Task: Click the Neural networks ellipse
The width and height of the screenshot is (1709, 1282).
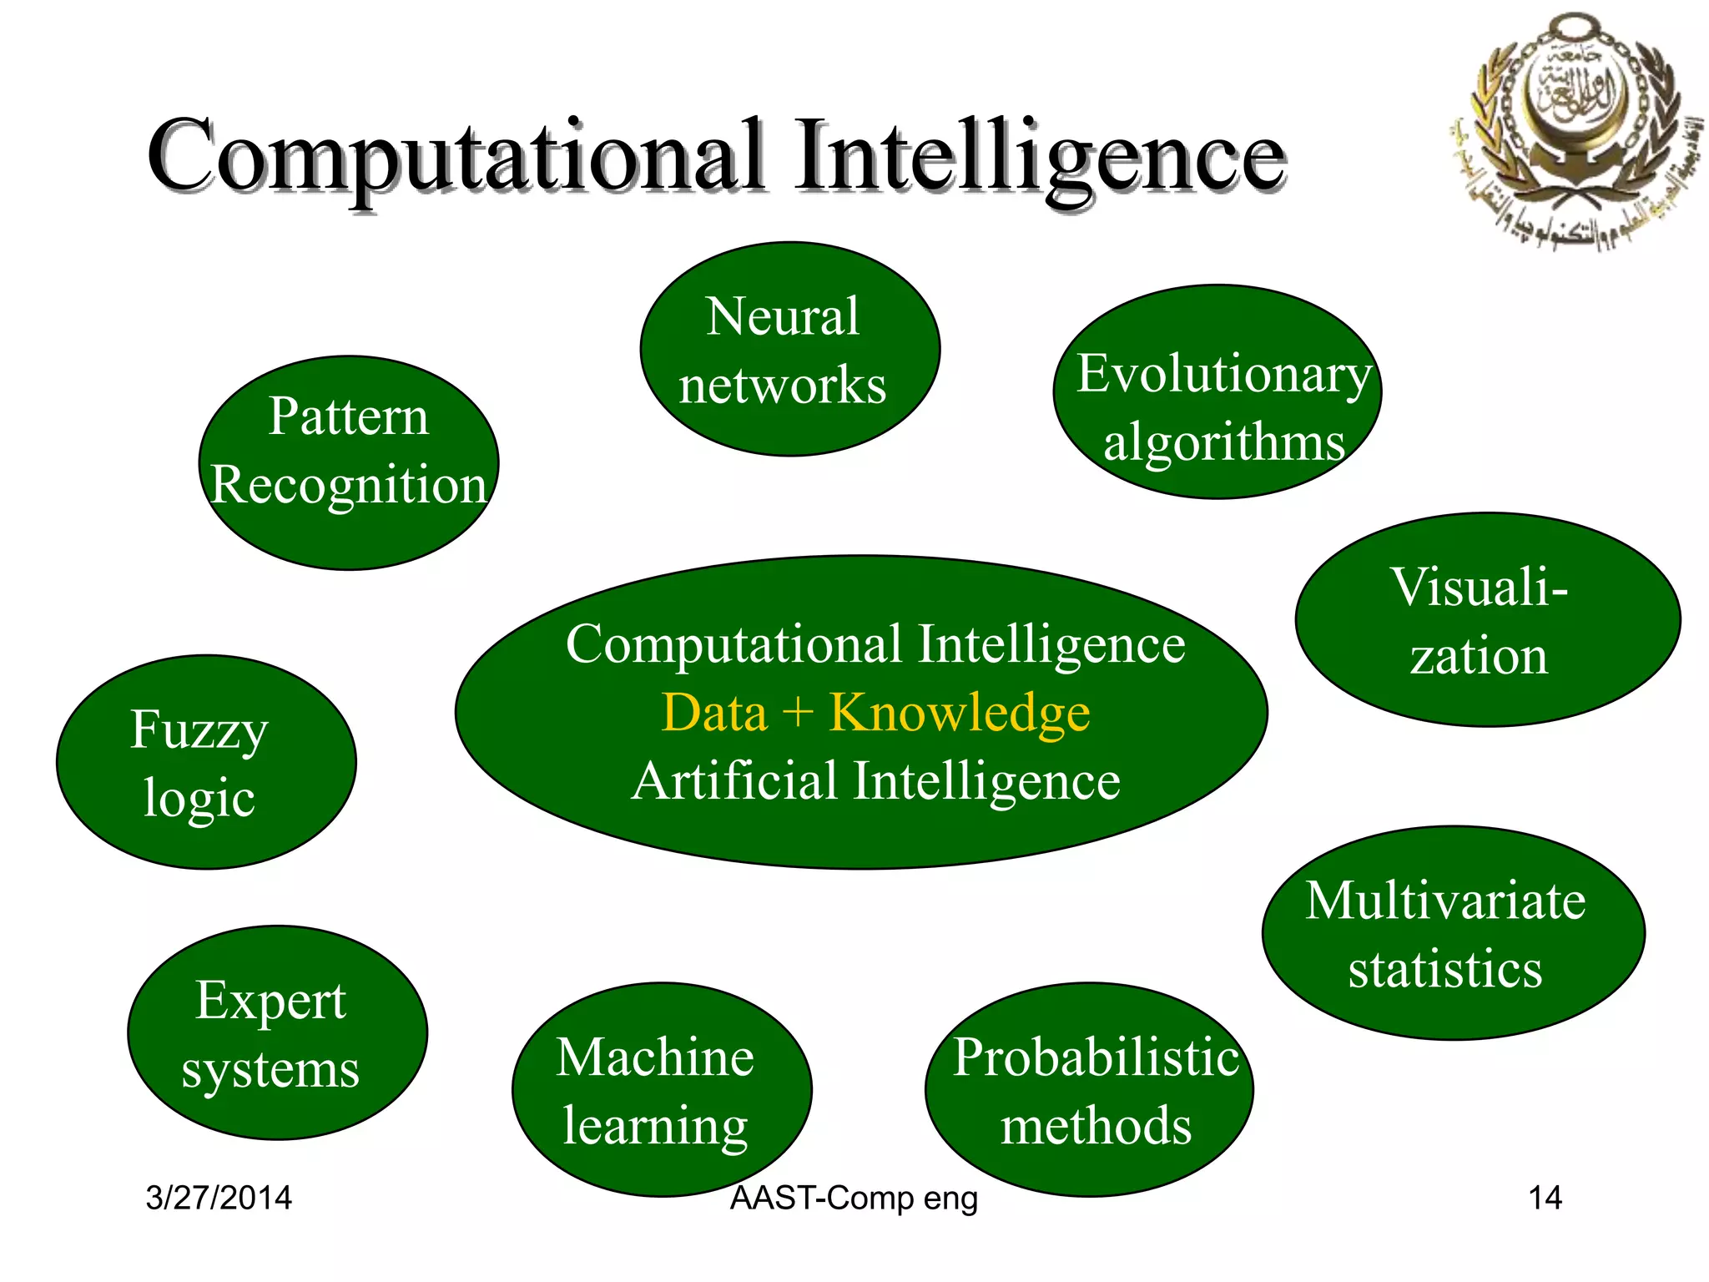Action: (789, 349)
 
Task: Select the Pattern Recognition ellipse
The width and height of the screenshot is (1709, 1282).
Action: (349, 463)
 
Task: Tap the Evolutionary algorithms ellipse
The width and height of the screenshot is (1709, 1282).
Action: (1217, 392)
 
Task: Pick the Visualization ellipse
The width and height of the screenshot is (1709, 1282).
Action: (1487, 619)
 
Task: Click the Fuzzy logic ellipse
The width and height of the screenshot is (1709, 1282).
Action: (206, 762)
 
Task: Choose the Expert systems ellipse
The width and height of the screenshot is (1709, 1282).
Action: (277, 1032)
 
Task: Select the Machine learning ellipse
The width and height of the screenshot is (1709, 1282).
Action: (662, 1089)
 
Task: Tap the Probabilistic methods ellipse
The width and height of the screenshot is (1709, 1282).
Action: (1089, 1089)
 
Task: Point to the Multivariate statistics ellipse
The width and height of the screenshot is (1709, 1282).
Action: (1453, 932)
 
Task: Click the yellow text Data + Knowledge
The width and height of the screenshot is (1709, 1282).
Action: (875, 713)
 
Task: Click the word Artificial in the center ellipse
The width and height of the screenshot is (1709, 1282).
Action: (734, 781)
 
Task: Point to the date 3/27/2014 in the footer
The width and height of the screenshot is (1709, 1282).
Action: (219, 1198)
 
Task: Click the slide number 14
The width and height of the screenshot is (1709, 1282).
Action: (1545, 1198)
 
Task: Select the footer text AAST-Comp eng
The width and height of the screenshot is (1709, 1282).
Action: (854, 1199)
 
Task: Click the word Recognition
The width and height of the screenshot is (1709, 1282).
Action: (349, 485)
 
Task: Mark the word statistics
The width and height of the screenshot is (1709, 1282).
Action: (1445, 969)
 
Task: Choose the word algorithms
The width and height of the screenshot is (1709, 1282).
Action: (1223, 442)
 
